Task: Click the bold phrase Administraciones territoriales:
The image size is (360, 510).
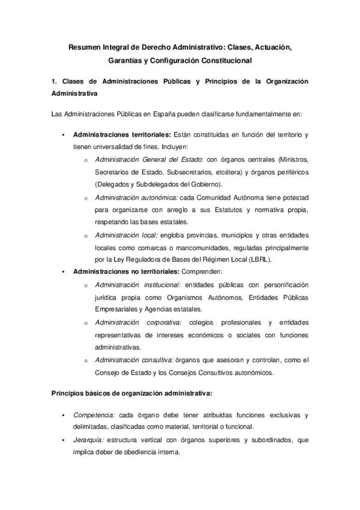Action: pyautogui.click(x=122, y=134)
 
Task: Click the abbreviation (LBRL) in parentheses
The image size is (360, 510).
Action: pyautogui.click(x=258, y=259)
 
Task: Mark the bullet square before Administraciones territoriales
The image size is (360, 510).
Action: pyautogui.click(x=63, y=135)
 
